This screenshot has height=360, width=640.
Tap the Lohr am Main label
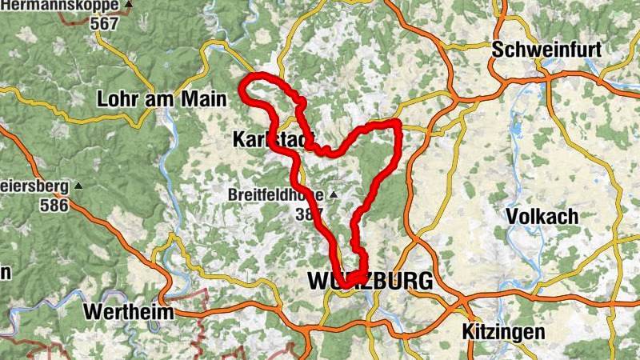(x=162, y=100)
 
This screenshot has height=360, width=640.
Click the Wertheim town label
(x=131, y=311)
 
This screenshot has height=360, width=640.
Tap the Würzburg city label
(x=370, y=282)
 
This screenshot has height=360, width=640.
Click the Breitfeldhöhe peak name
(x=276, y=194)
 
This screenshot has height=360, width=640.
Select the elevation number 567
(x=104, y=23)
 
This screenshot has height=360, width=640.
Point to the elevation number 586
(x=54, y=204)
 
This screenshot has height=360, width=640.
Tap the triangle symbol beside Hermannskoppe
(x=129, y=5)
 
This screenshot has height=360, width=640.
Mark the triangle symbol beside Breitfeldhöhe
(x=333, y=195)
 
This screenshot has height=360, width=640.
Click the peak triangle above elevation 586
(x=78, y=186)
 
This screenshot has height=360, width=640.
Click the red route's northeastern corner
(x=395, y=123)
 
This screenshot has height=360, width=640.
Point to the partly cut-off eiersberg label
(x=31, y=186)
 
